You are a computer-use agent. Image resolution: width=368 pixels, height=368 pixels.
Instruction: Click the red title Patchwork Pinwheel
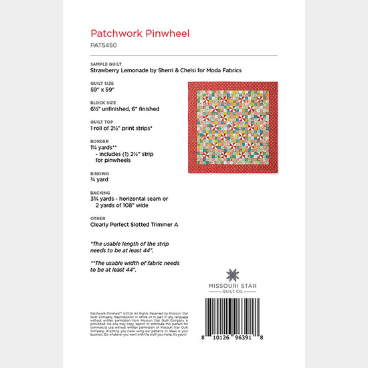(x=131, y=31)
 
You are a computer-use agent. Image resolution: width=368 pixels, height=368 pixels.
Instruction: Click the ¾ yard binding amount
(x=99, y=179)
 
